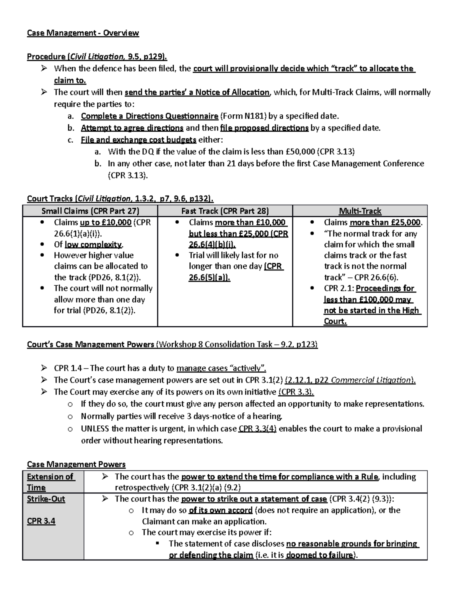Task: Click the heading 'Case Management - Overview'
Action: coord(83,33)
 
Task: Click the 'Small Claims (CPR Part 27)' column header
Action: coord(90,211)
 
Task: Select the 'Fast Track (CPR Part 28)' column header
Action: coord(225,211)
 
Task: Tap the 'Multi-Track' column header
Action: coord(360,211)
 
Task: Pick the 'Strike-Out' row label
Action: coord(46,499)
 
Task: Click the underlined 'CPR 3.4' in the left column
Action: coord(41,521)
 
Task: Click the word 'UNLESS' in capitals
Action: coord(95,428)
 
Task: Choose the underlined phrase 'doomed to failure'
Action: coord(319,555)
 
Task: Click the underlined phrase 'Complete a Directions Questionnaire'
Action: coord(150,116)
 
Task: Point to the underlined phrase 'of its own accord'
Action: coord(221,510)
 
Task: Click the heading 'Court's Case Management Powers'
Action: coord(91,344)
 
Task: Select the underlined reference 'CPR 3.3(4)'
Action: coord(257,428)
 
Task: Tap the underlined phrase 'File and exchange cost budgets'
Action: coord(138,140)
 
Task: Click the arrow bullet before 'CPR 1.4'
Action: coord(44,368)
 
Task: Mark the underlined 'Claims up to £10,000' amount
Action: coord(106,222)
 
